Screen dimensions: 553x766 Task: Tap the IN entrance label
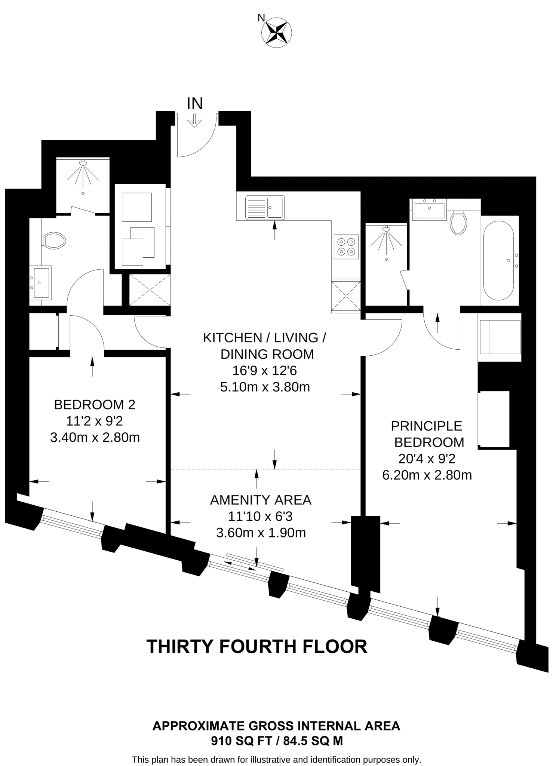tap(195, 103)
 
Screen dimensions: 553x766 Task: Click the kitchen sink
tap(265, 207)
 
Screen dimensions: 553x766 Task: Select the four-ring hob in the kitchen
tap(346, 246)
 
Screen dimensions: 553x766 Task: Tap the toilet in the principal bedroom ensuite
tap(458, 222)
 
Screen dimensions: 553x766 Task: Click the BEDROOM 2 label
tap(95, 404)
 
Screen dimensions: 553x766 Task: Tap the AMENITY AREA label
tap(261, 500)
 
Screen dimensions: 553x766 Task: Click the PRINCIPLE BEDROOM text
tap(427, 434)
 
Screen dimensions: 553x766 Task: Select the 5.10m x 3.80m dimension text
tap(265, 387)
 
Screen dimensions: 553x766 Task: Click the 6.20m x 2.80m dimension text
tap(427, 475)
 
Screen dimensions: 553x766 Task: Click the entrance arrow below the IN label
tap(194, 120)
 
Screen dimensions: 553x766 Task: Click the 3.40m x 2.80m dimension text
tap(95, 437)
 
